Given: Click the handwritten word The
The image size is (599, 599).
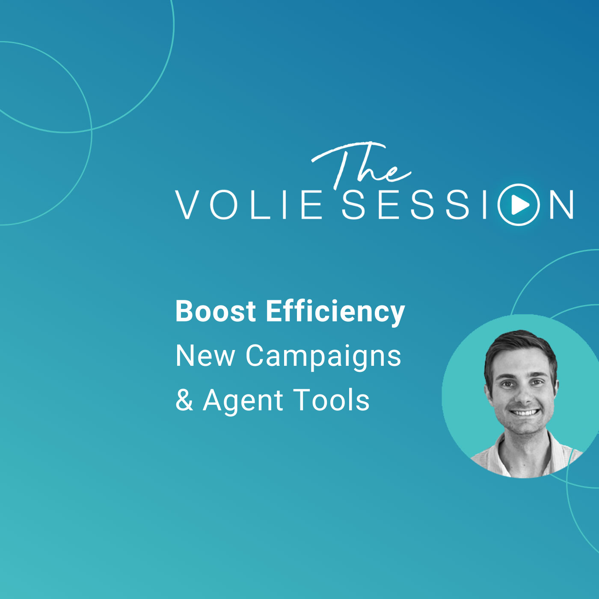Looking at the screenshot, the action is click(x=361, y=165).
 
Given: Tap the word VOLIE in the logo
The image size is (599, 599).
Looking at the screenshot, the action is click(x=249, y=205).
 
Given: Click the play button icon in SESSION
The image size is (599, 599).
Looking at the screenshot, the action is click(x=518, y=205).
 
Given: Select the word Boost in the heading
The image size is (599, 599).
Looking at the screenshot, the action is click(x=215, y=311).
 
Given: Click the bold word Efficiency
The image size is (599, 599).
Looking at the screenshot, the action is click(x=335, y=312).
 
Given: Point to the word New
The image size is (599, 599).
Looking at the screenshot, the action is click(x=205, y=356).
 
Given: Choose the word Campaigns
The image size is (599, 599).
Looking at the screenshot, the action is click(x=323, y=358).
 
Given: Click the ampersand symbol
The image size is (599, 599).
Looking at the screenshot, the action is click(x=184, y=400).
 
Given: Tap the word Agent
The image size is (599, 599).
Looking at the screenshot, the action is click(x=243, y=402).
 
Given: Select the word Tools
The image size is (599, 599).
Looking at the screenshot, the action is click(x=331, y=400).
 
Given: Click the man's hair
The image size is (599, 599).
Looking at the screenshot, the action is click(x=521, y=351).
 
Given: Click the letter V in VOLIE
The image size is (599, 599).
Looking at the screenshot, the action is click(x=188, y=205).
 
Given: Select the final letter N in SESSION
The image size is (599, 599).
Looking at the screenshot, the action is click(x=561, y=205).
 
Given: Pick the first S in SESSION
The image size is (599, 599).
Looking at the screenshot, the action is click(x=353, y=205).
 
